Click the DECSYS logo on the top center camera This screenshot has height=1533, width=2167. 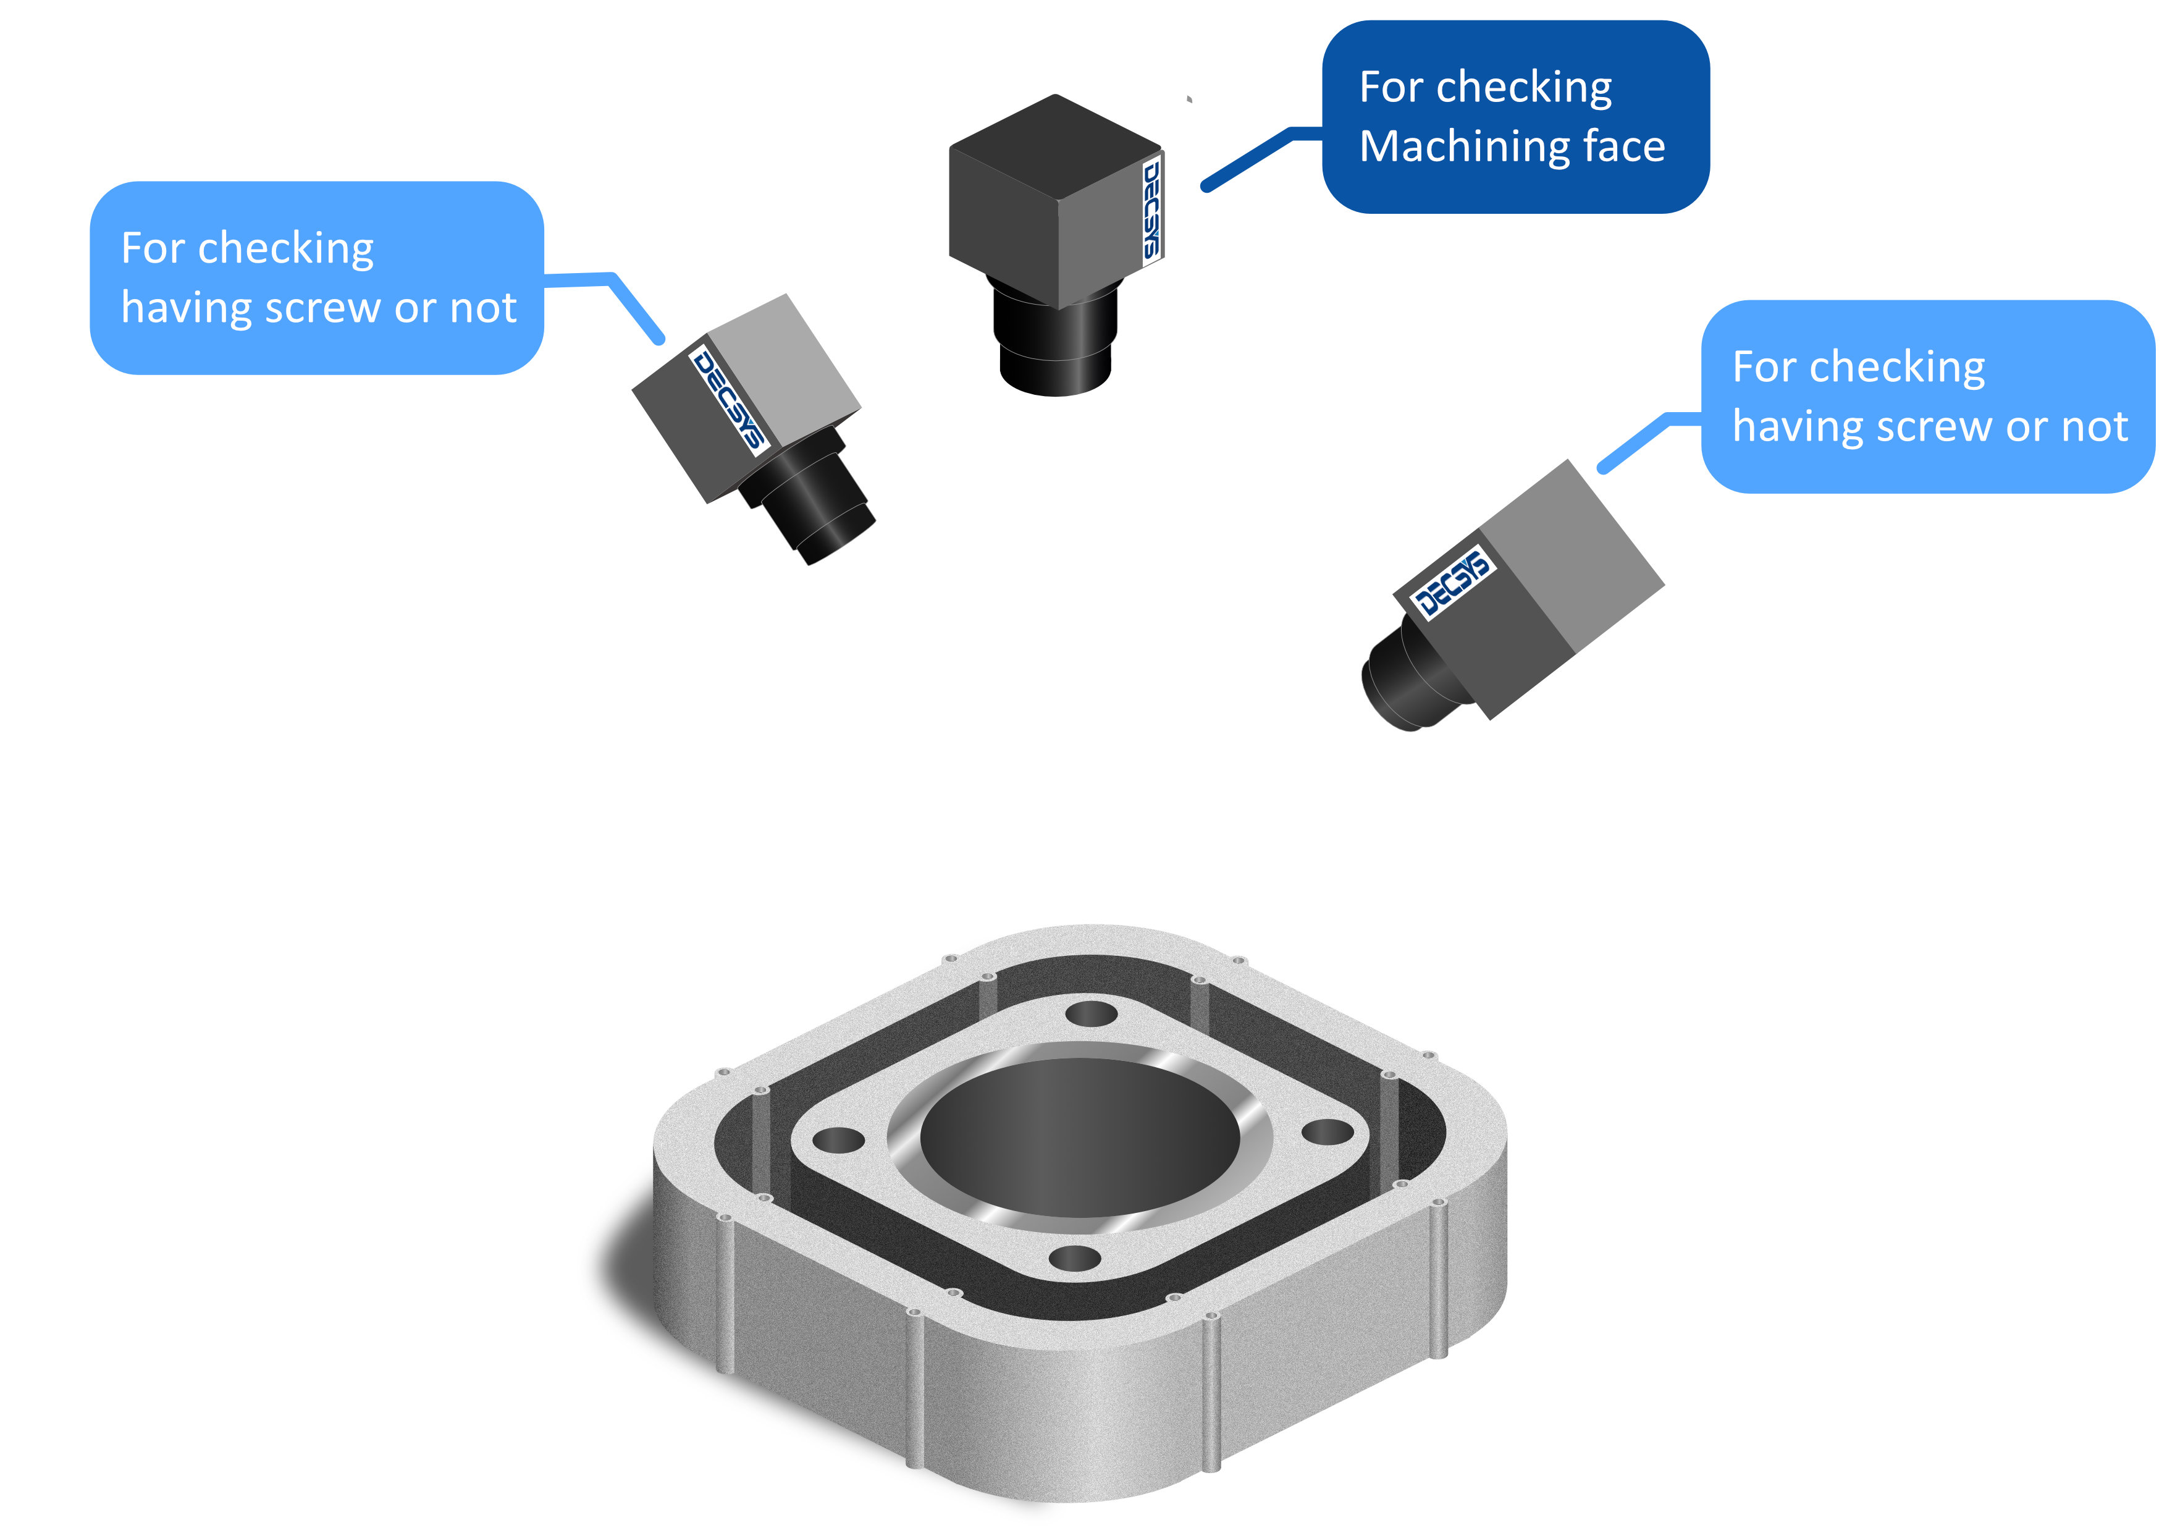click(x=1151, y=209)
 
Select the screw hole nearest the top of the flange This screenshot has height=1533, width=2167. click(x=1091, y=1015)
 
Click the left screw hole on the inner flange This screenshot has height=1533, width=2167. click(x=838, y=1140)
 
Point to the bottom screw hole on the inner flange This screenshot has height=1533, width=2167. click(x=1074, y=1257)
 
